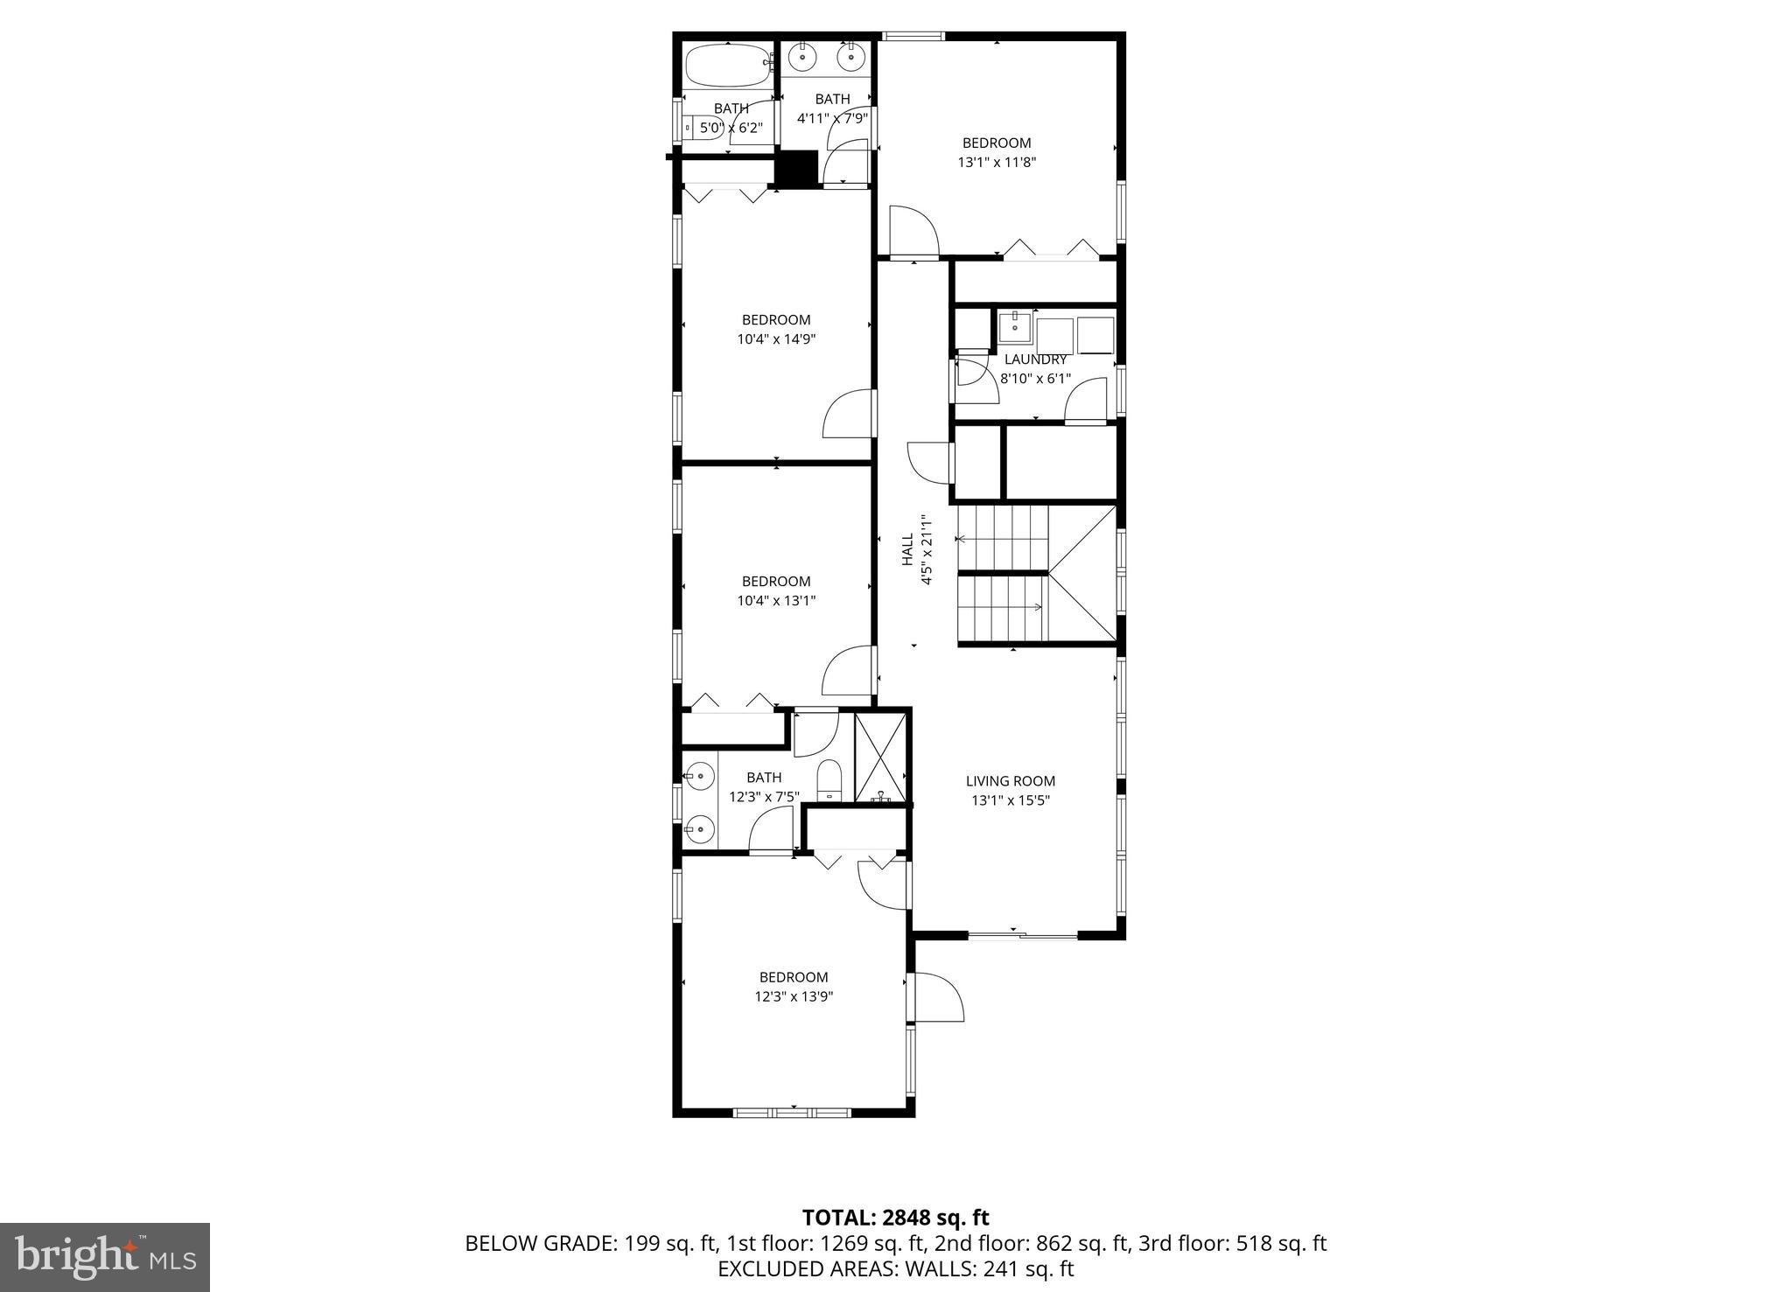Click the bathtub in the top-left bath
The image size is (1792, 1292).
coord(726,64)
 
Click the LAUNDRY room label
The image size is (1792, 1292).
coord(1035,360)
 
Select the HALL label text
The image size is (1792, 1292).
coord(907,548)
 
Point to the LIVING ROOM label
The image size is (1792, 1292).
coord(1011,781)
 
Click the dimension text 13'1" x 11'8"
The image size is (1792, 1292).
coord(997,162)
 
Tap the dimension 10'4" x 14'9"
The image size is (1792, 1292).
coord(776,339)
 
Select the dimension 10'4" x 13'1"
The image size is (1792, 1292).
coord(776,601)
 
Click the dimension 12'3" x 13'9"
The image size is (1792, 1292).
coord(794,996)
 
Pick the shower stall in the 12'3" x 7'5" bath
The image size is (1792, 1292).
coord(880,758)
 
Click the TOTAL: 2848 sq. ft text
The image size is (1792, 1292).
coord(895,1218)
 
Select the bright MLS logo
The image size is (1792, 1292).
coord(105,1257)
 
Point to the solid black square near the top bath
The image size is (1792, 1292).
coord(796,169)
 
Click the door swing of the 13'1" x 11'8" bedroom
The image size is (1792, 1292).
coord(913,231)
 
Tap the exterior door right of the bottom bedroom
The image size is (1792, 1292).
coord(936,998)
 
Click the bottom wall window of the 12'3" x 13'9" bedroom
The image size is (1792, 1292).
coord(791,1113)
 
